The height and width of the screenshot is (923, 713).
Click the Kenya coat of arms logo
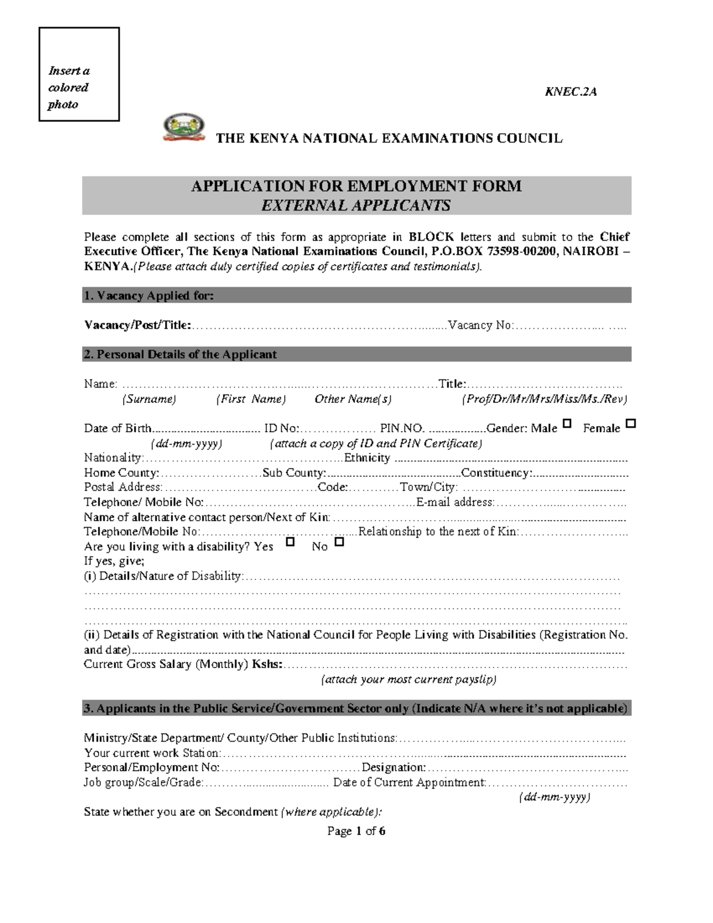(x=184, y=128)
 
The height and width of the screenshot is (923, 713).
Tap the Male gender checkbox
(x=567, y=424)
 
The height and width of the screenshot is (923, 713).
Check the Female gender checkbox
(x=631, y=424)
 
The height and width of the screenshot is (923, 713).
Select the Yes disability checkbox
(x=291, y=542)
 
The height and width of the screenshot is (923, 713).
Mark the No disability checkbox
(x=339, y=542)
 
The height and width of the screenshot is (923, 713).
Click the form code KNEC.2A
(x=570, y=92)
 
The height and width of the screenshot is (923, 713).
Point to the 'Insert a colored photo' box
(x=79, y=74)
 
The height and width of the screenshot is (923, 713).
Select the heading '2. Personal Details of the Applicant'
(x=181, y=354)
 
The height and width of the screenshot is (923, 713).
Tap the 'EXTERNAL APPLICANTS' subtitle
(x=356, y=206)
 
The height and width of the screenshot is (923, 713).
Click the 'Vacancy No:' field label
(x=481, y=325)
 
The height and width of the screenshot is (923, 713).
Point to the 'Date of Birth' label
(x=118, y=429)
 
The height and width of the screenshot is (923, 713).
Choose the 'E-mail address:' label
(x=455, y=502)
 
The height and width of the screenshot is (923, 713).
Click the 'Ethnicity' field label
(x=367, y=458)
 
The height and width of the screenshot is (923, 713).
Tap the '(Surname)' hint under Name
(x=149, y=399)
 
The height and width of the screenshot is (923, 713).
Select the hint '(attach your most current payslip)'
(x=409, y=679)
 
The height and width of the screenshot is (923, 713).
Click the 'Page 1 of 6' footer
(x=356, y=831)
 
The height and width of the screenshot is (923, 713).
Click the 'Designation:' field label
(x=394, y=767)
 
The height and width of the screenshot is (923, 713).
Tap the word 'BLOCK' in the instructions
(x=431, y=237)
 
